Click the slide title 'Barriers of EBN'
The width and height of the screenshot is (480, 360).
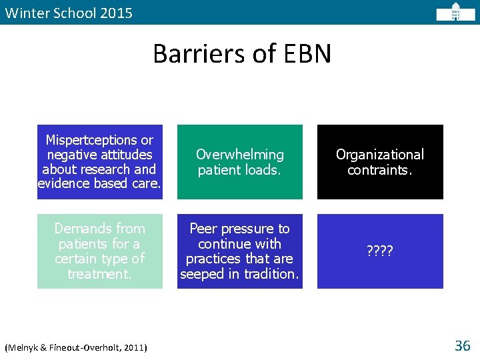tap(241, 54)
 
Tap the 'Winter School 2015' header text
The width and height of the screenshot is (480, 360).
tap(68, 13)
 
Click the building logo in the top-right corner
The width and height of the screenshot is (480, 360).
tap(455, 12)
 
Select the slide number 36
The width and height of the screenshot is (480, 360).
tap(462, 345)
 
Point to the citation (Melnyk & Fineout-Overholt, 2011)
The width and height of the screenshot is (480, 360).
tap(76, 347)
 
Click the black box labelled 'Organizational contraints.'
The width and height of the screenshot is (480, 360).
tap(379, 162)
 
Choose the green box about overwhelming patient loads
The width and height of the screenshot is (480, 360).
tap(239, 162)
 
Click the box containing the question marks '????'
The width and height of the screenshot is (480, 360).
tap(379, 251)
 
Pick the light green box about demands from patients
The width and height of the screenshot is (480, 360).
tap(99, 251)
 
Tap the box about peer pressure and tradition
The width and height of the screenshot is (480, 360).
tap(239, 251)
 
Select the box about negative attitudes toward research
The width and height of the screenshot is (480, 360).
tap(99, 162)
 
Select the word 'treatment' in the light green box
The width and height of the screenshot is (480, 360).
tap(98, 274)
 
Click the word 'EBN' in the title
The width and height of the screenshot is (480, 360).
tap(305, 54)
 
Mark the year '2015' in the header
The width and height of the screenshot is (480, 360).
tap(117, 13)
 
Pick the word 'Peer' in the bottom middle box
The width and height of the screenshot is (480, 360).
tap(203, 229)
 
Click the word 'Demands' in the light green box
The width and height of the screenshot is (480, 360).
tap(79, 229)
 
